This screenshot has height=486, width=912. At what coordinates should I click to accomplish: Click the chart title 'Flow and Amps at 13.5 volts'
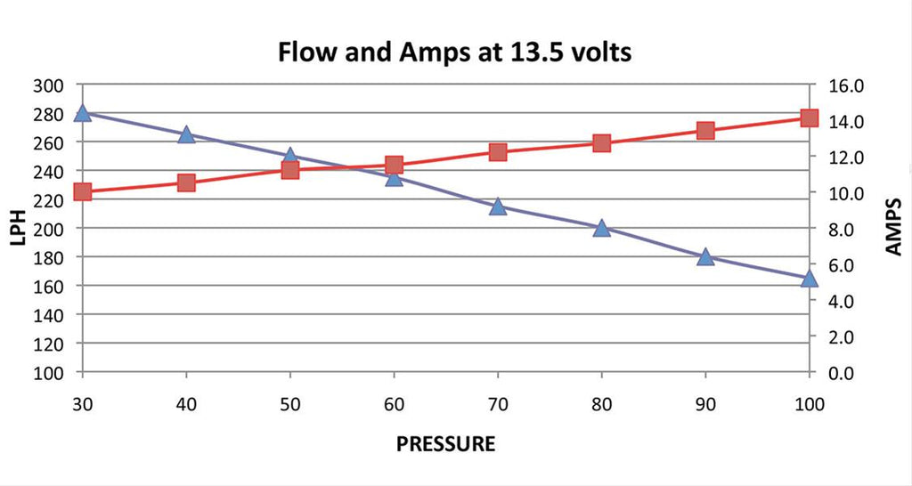(x=455, y=52)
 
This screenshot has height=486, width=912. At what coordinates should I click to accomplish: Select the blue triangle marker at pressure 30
(x=83, y=113)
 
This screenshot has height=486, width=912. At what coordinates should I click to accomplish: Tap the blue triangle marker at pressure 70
(x=498, y=207)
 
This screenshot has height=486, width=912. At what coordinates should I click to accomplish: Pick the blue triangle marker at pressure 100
(x=809, y=279)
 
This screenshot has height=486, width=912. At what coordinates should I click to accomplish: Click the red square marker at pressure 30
(x=83, y=191)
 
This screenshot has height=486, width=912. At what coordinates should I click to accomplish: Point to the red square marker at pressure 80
(x=601, y=143)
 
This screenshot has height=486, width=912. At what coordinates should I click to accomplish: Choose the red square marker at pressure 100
(x=809, y=117)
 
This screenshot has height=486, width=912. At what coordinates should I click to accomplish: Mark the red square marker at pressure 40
(x=186, y=182)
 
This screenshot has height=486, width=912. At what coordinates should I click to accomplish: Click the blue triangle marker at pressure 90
(x=705, y=257)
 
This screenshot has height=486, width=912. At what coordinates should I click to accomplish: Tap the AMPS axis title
(x=894, y=228)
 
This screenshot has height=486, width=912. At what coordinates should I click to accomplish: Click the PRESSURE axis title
(x=445, y=443)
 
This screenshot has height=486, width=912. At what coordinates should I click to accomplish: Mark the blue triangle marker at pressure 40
(x=186, y=134)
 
